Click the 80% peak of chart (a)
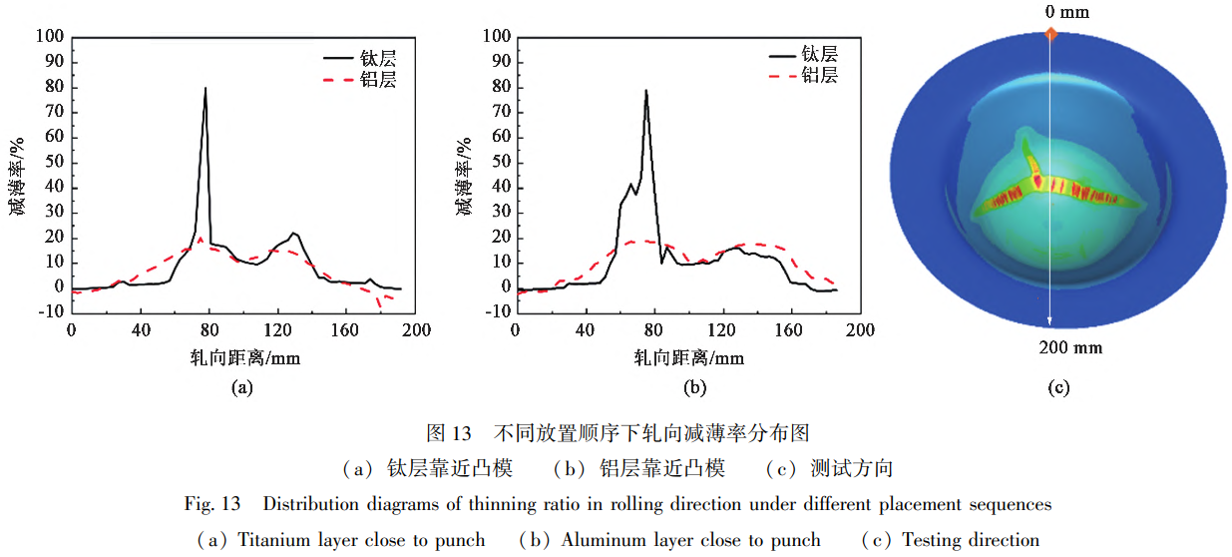click(x=205, y=89)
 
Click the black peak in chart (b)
click(x=646, y=91)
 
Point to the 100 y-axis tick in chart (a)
click(x=50, y=38)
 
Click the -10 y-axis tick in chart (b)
click(x=496, y=311)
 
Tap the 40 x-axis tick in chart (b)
click(x=584, y=329)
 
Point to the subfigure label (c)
click(x=1058, y=387)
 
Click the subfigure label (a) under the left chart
click(x=240, y=387)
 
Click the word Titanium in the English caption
click(x=273, y=540)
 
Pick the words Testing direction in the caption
click(x=970, y=540)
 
